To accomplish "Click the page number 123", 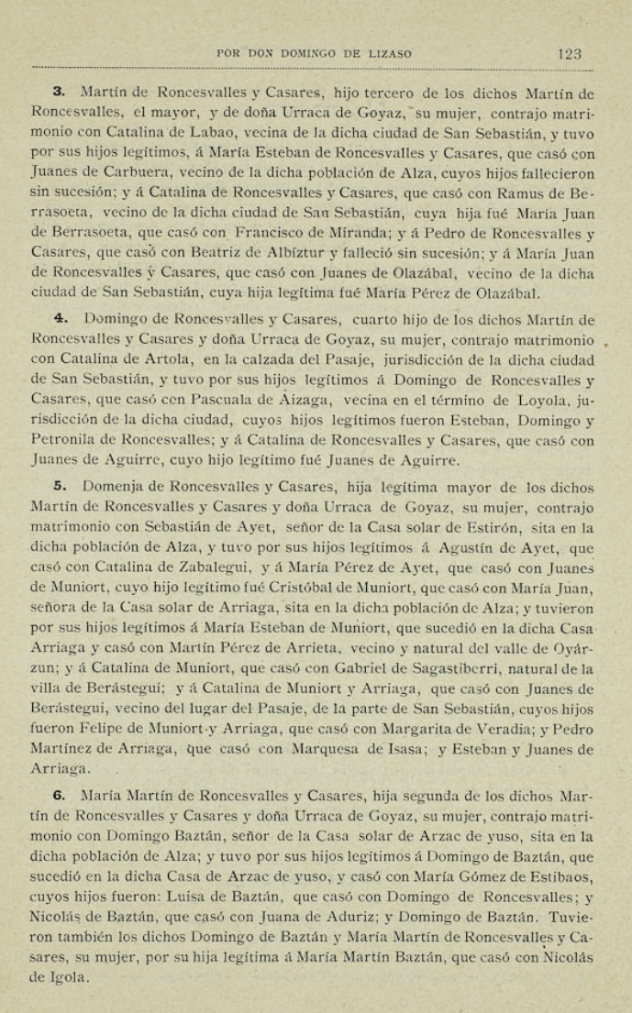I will click(570, 53).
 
